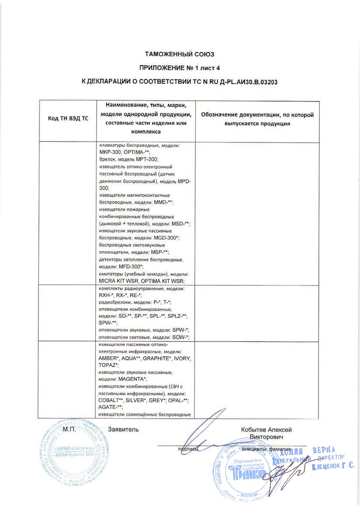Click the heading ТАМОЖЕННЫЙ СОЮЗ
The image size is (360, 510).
[x=180, y=54]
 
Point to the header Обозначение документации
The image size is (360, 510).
[x=257, y=115]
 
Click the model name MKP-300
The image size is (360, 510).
[x=110, y=151]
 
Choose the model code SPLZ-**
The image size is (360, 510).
[x=178, y=316]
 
